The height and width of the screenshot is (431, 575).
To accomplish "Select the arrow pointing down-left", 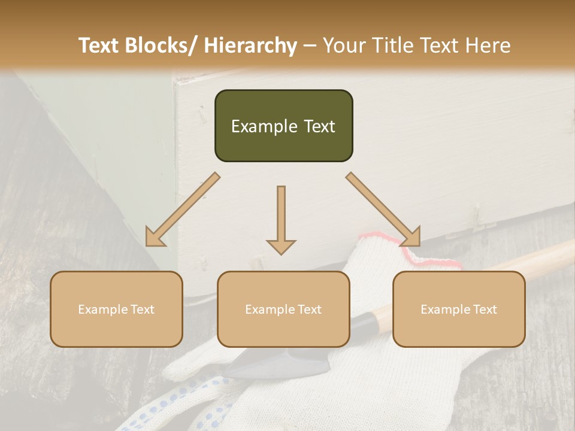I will click(183, 210).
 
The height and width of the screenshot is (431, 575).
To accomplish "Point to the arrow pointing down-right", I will click(383, 210).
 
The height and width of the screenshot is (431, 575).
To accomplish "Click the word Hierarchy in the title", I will click(250, 45).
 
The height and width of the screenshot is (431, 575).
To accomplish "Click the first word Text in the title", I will click(101, 45).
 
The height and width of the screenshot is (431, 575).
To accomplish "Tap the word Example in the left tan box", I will click(99, 309).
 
